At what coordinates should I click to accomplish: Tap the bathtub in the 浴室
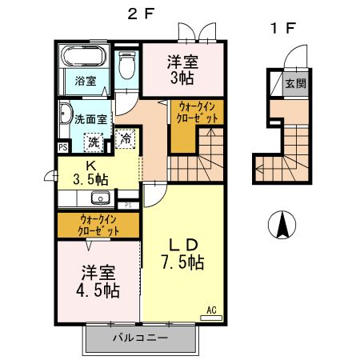pyautogui.click(x=84, y=58)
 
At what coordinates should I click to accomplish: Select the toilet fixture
pyautogui.click(x=126, y=66)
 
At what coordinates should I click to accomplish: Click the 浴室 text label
pyautogui.click(x=86, y=81)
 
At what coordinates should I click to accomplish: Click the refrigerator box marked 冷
pyautogui.click(x=126, y=138)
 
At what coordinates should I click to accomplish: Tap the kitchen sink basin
pyautogui.click(x=100, y=199)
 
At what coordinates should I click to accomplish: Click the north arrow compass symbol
pyautogui.click(x=282, y=224)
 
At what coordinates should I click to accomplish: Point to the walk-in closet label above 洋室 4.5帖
pyautogui.click(x=99, y=224)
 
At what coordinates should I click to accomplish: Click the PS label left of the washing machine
pyautogui.click(x=62, y=147)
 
